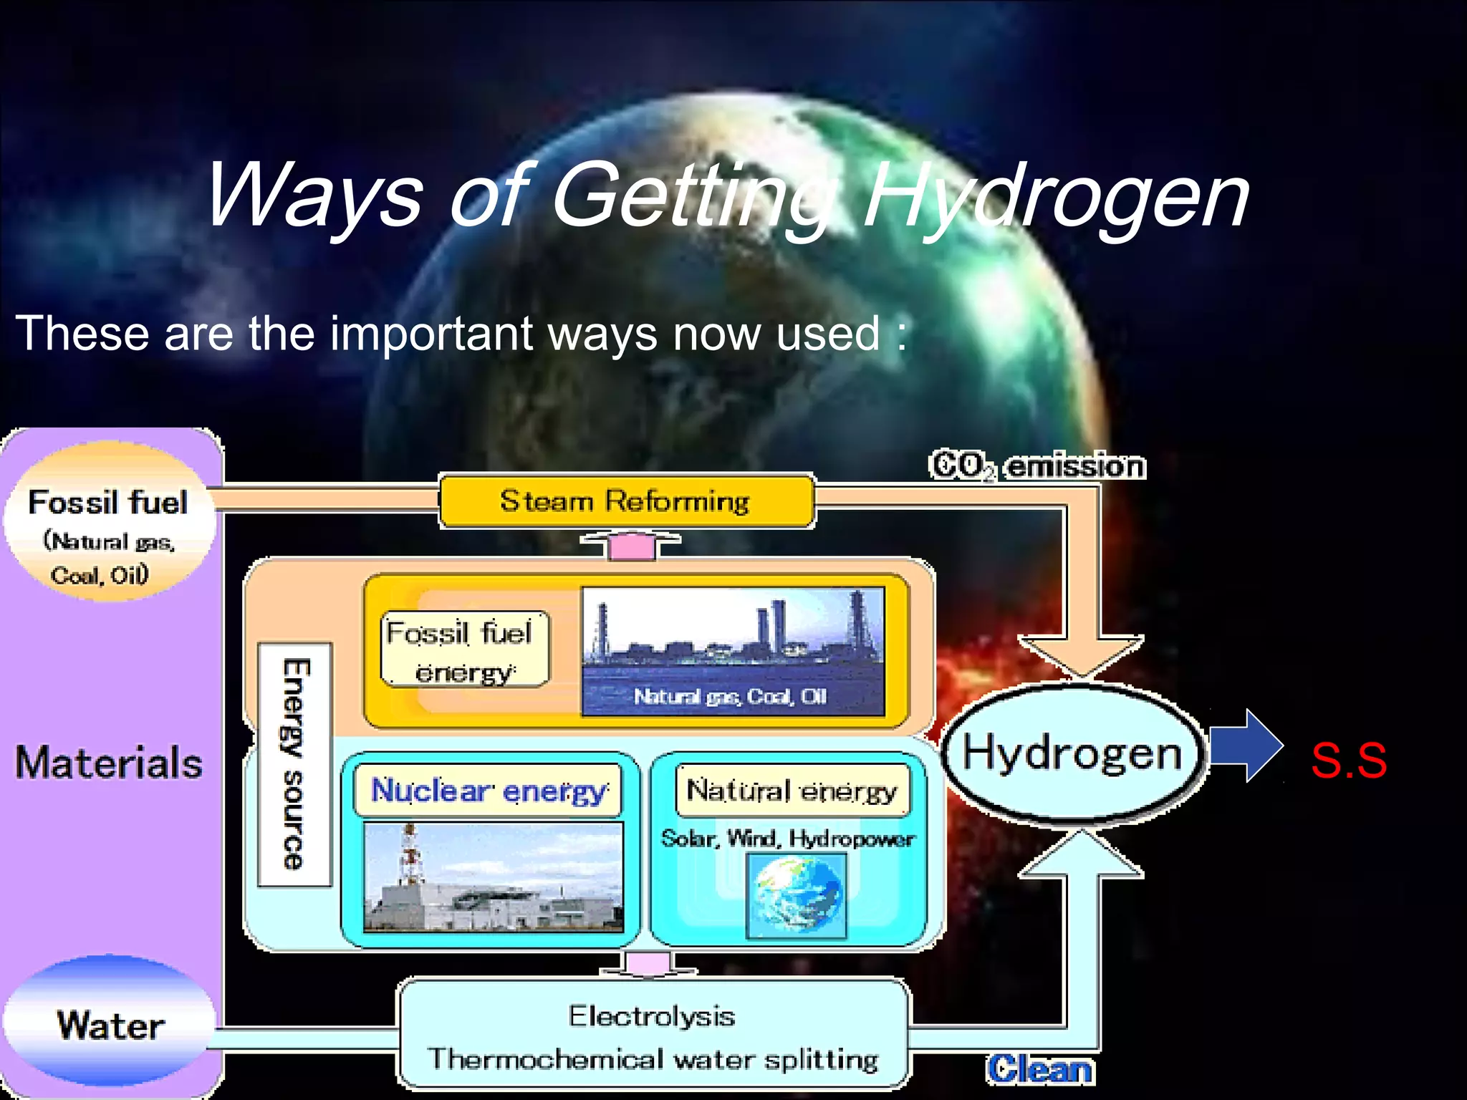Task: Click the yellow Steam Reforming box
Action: pos(626,501)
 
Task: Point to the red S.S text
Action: pos(1349,761)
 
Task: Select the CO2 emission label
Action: pos(1037,466)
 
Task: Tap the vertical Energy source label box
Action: pos(294,764)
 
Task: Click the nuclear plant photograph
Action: pos(493,877)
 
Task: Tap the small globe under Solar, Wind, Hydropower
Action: pos(796,896)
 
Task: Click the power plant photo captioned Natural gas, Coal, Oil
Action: pos(732,650)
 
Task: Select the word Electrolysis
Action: pos(652,1016)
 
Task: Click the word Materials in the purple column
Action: pos(109,762)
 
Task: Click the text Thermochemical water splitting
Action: pos(652,1059)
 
